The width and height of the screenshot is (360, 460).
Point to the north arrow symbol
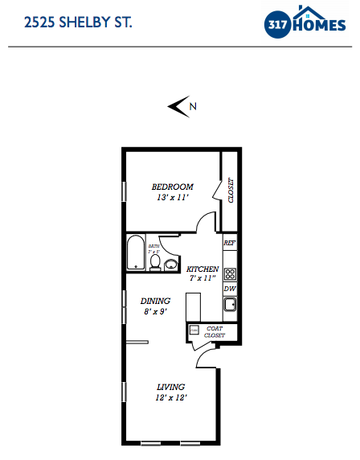pyautogui.click(x=178, y=106)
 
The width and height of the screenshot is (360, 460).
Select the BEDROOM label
pyautogui.click(x=173, y=187)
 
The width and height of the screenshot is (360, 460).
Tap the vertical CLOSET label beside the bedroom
pyautogui.click(x=231, y=191)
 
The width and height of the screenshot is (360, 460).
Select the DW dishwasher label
pyautogui.click(x=229, y=288)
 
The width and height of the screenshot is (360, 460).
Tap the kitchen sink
pyautogui.click(x=230, y=305)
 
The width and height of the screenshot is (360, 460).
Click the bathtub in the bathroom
pyautogui.click(x=136, y=253)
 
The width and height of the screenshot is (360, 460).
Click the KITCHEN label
pyautogui.click(x=202, y=269)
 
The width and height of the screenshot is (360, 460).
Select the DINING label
pyautogui.click(x=155, y=301)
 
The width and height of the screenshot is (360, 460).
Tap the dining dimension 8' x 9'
pyautogui.click(x=155, y=312)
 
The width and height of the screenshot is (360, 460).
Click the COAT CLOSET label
pyautogui.click(x=214, y=331)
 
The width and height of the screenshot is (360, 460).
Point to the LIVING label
pyautogui.click(x=171, y=386)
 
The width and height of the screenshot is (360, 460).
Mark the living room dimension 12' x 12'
pyautogui.click(x=171, y=397)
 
